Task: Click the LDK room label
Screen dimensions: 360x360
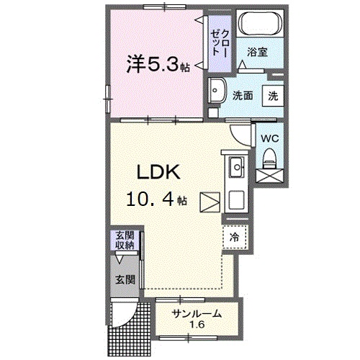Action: click(163, 174)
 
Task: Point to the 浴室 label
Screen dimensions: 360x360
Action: click(257, 52)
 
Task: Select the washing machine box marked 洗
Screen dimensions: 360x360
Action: click(274, 94)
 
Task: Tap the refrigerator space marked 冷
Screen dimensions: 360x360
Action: click(235, 235)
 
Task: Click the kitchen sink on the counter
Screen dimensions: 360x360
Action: click(235, 167)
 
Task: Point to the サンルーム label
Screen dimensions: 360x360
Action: click(195, 313)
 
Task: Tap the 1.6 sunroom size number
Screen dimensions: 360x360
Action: click(195, 325)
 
